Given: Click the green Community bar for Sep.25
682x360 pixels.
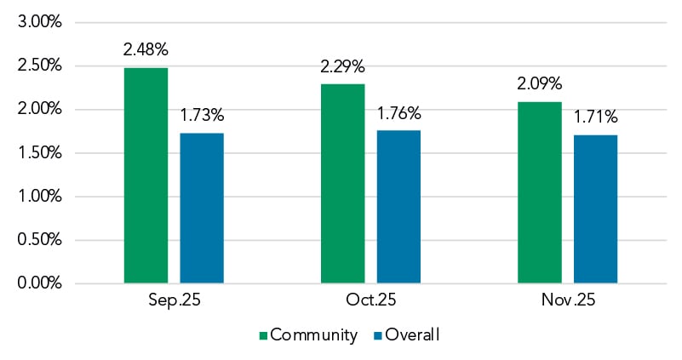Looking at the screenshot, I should [x=146, y=174].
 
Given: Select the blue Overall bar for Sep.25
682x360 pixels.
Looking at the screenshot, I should [x=202, y=208].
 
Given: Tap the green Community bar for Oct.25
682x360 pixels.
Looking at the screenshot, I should [x=342, y=183].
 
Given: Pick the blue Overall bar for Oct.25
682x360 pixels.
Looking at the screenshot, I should [x=398, y=206].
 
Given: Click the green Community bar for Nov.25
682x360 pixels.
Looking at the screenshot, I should [x=539, y=191].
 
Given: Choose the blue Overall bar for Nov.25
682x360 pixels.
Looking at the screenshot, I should [x=595, y=209].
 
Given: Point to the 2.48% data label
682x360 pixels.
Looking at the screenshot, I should [x=146, y=49].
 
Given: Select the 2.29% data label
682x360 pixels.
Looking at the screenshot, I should [x=342, y=65].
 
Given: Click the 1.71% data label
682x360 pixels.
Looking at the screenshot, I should [x=595, y=116].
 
